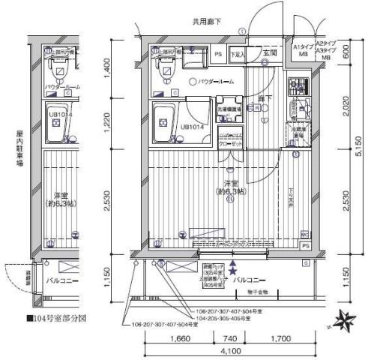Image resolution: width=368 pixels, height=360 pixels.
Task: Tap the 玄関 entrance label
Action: (x=270, y=54)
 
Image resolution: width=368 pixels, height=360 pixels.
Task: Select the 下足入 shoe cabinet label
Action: (x=238, y=55)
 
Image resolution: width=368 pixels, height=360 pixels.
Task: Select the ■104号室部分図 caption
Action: (x=56, y=317)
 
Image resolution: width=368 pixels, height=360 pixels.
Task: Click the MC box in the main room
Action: (x=304, y=232)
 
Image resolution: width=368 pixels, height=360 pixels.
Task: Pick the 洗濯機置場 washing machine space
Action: (x=229, y=110)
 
